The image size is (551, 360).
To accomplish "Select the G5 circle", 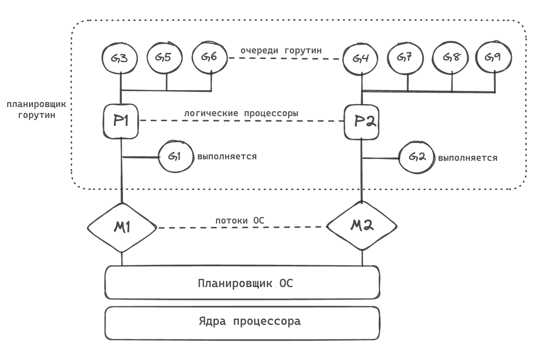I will click(x=165, y=58).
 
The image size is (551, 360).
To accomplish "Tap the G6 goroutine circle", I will click(x=210, y=58).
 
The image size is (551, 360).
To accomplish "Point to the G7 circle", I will click(x=406, y=58).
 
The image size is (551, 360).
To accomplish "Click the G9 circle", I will click(x=494, y=57).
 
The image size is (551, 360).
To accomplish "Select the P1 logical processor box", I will click(x=120, y=121).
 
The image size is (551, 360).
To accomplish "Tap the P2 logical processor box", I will click(x=362, y=122).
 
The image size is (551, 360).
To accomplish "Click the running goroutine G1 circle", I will click(x=175, y=157).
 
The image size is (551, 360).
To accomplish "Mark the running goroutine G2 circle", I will click(x=416, y=157).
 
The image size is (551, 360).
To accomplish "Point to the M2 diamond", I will click(x=362, y=226).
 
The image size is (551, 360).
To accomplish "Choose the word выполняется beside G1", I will click(x=227, y=156).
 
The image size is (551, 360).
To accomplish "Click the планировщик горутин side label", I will click(x=36, y=109).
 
